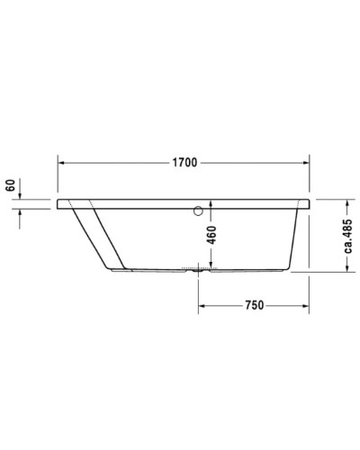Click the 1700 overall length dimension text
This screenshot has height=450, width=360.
click(184, 164)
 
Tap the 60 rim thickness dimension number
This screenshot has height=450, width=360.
click(10, 187)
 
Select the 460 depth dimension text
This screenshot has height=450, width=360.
click(211, 237)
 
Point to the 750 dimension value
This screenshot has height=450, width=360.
click(254, 306)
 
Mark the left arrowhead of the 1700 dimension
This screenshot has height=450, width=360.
click(64, 164)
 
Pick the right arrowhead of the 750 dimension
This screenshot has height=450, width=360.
click(306, 306)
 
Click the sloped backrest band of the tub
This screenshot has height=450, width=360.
click(101, 236)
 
